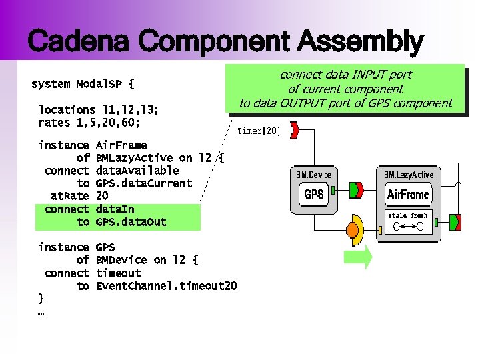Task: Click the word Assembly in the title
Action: [x=360, y=41]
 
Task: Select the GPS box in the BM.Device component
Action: [x=314, y=194]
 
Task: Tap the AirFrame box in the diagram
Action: [x=408, y=195]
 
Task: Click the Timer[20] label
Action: [x=259, y=131]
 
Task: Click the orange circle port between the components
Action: [x=352, y=231]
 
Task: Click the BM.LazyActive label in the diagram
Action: [x=408, y=175]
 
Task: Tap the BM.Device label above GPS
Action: [x=313, y=175]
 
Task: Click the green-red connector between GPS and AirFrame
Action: [x=357, y=190]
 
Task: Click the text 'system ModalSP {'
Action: [x=83, y=84]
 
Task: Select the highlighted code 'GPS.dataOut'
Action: [x=131, y=222]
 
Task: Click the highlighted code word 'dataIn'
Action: [x=115, y=209]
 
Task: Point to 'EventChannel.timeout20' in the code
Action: [x=166, y=286]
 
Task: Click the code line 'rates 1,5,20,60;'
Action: [x=89, y=123]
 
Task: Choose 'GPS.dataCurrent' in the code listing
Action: [x=143, y=183]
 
